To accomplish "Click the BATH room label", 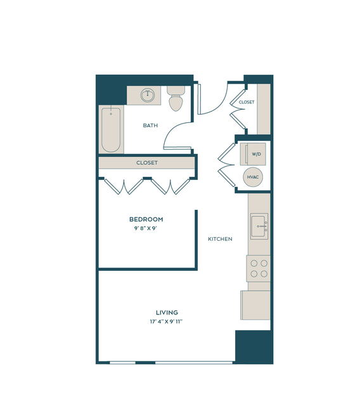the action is pyautogui.click(x=150, y=125).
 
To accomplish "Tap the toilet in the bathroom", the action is pyautogui.click(x=176, y=98).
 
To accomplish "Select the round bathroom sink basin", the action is pyautogui.click(x=148, y=95).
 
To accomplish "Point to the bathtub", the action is pyautogui.click(x=111, y=130).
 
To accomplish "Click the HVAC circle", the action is pyautogui.click(x=253, y=177).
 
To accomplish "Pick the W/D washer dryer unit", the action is pyautogui.click(x=253, y=154).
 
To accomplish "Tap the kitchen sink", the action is pyautogui.click(x=259, y=226).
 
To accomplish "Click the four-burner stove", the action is pyautogui.click(x=258, y=268).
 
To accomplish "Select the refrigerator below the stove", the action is pyautogui.click(x=255, y=305).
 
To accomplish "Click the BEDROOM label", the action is pyautogui.click(x=146, y=219).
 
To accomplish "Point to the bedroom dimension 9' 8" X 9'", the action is pyautogui.click(x=146, y=228).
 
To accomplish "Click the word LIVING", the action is pyautogui.click(x=167, y=312).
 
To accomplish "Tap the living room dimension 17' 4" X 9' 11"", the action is pyautogui.click(x=167, y=321).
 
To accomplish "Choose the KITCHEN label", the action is pyautogui.click(x=220, y=239).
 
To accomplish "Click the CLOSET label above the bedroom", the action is pyautogui.click(x=147, y=163).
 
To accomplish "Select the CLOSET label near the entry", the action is pyautogui.click(x=247, y=102).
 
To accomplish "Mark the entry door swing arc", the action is pyautogui.click(x=220, y=105).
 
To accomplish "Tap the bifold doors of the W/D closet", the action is pyautogui.click(x=226, y=165).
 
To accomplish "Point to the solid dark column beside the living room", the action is pyautogui.click(x=254, y=347).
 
